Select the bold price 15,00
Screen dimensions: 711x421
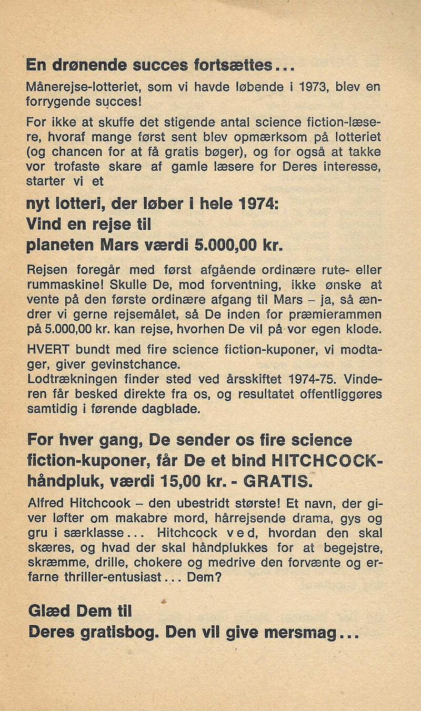pos(182,481)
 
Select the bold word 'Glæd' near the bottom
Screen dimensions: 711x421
pos(49,611)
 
